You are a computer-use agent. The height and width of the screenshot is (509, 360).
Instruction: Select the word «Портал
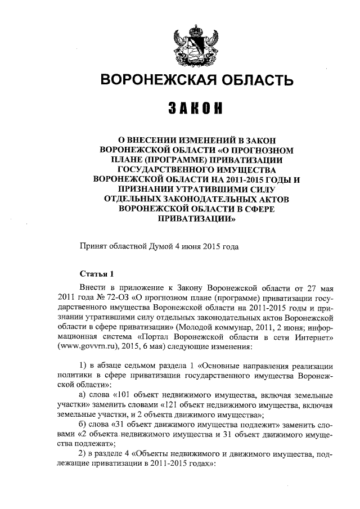pos(147,337)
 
